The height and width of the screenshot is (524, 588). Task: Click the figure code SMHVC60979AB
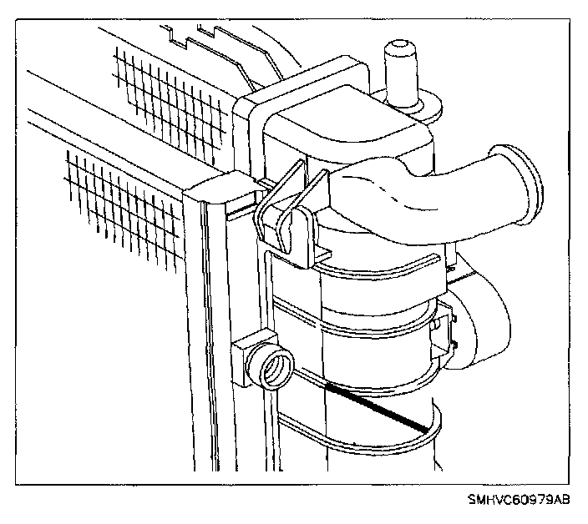click(x=519, y=501)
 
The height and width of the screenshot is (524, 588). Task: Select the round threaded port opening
click(x=275, y=366)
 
